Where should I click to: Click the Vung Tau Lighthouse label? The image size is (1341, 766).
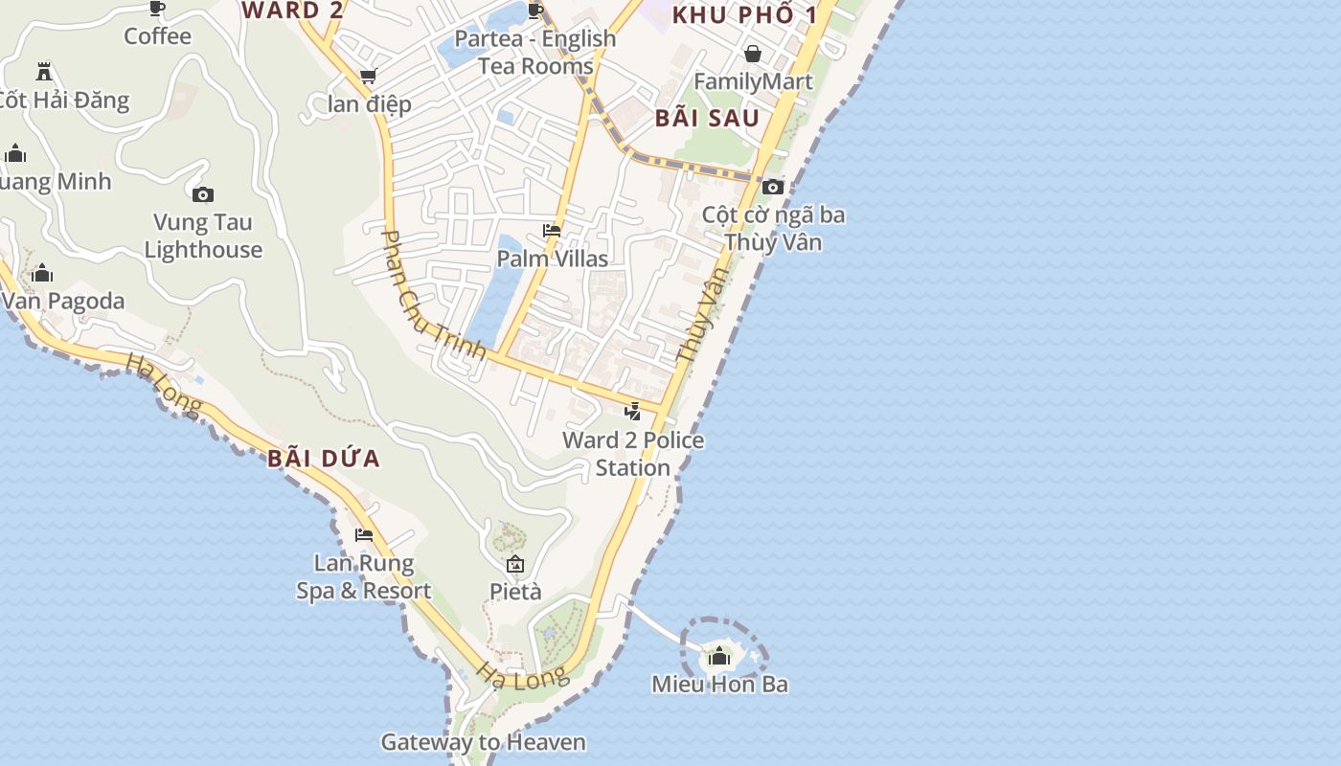tap(203, 237)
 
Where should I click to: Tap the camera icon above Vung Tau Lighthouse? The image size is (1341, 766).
tap(203, 195)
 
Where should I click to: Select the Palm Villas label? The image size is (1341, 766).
tap(552, 259)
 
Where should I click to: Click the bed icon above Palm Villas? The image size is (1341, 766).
tap(552, 231)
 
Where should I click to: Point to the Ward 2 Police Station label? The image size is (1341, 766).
tap(633, 454)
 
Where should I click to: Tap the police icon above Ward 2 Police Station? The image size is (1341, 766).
tap(632, 413)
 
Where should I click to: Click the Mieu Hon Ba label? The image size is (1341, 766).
tap(719, 684)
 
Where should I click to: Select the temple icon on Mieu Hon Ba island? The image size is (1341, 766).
tap(719, 657)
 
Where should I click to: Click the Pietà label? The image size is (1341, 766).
tap(515, 592)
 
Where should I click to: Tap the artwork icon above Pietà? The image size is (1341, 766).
tap(515, 564)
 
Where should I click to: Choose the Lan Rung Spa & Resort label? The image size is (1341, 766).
tap(364, 577)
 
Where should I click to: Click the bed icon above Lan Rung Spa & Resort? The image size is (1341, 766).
tap(364, 535)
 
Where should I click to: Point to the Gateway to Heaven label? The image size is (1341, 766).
tap(483, 742)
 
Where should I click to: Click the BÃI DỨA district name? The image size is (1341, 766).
tap(324, 459)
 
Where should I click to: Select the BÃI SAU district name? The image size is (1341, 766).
tap(707, 119)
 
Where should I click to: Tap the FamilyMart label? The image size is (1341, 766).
tap(753, 81)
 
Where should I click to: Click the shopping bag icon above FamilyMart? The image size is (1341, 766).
tap(753, 54)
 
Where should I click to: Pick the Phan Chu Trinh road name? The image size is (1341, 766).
tap(433, 293)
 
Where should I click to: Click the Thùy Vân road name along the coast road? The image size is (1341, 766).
tap(702, 313)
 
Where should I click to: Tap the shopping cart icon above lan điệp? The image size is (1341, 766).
tap(368, 76)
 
